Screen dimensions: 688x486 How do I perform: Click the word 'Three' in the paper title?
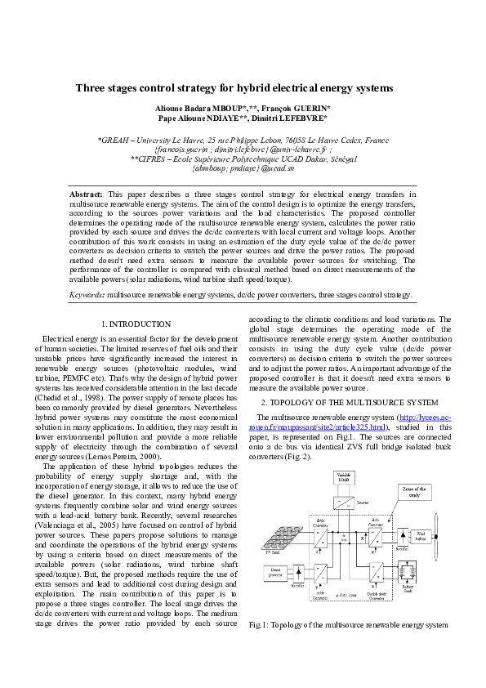pos(92,87)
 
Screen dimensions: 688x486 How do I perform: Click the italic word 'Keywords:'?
pos(87,293)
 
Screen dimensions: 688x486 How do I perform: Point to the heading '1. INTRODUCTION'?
pos(136,324)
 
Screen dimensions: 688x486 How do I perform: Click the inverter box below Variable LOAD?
pos(344,502)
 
